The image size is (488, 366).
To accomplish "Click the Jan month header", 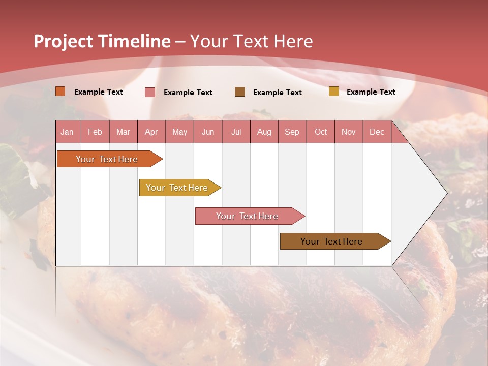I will click(68, 132).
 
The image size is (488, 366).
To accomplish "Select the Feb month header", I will click(95, 132).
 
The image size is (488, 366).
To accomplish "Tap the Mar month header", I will click(123, 132).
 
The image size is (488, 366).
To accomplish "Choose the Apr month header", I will click(151, 132).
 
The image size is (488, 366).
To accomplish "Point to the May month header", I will click(179, 132).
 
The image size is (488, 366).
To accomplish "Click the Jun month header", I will click(208, 132).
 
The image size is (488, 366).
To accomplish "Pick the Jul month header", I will click(236, 132).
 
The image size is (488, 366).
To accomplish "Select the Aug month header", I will click(264, 132).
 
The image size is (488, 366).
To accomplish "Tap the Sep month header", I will click(292, 132).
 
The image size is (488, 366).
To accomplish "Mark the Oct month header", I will click(321, 132).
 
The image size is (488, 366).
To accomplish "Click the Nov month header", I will click(349, 132).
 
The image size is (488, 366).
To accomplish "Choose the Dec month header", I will click(377, 132).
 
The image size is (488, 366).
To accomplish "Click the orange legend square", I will click(60, 91).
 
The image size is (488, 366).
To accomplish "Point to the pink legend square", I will click(150, 92).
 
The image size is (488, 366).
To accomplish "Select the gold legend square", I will click(334, 91).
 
